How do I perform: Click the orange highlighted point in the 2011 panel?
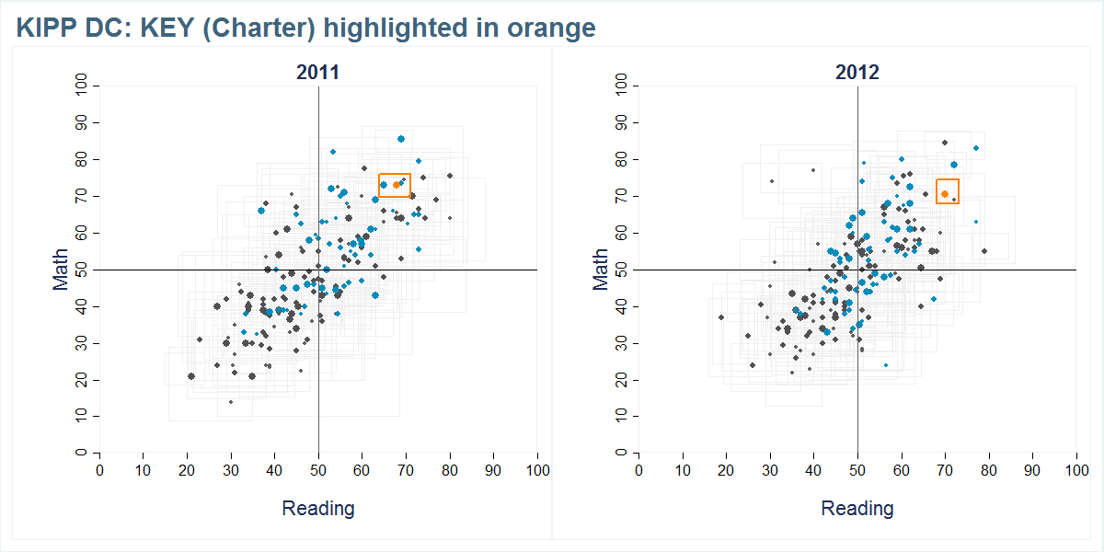pos(397,185)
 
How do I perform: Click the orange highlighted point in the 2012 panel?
pos(945,194)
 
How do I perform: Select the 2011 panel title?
pos(317,73)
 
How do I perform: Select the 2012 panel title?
pos(857,73)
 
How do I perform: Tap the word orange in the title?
pos(551,29)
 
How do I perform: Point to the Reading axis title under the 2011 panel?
pos(317,508)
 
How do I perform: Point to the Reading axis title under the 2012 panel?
pos(857,508)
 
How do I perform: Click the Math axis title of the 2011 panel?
pos(61,270)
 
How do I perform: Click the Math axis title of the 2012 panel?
pos(600,270)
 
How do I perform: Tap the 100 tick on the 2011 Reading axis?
pos(537,471)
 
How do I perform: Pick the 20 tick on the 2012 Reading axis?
pos(726,471)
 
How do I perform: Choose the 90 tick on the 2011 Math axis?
pos(81,122)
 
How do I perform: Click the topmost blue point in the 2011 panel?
pos(401,139)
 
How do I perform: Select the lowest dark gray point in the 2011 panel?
pos(231,402)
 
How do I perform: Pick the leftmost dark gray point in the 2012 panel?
pos(721,317)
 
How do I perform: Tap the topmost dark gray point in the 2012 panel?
pos(945,143)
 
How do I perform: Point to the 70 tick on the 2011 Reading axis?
pos(406,471)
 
